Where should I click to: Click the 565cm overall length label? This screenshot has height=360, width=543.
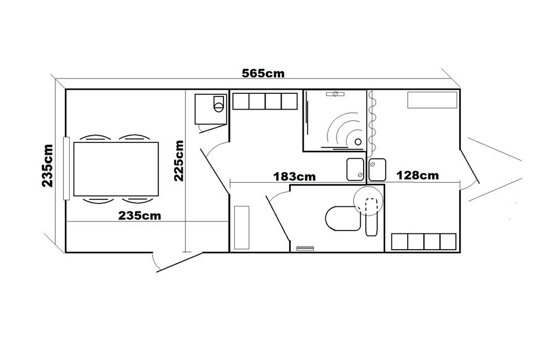click(263, 73)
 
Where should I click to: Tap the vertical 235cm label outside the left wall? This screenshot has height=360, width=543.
click(48, 166)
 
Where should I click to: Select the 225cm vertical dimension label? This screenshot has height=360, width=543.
click(179, 161)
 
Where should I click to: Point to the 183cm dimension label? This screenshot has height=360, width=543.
click(294, 176)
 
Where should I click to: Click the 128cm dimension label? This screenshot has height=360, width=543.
click(417, 175)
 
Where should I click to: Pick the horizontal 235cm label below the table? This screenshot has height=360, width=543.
click(140, 216)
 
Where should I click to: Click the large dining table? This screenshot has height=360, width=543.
click(116, 169)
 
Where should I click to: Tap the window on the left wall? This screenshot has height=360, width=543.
click(66, 168)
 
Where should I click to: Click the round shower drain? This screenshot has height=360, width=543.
click(358, 142)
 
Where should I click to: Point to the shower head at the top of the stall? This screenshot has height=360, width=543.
click(335, 94)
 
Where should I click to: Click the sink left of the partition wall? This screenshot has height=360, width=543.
click(355, 170)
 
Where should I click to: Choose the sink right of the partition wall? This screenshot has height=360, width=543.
click(377, 170)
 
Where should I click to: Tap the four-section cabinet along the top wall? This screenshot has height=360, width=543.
click(265, 101)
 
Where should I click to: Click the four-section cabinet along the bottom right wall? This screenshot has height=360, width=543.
click(424, 242)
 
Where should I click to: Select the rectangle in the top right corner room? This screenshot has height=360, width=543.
click(432, 100)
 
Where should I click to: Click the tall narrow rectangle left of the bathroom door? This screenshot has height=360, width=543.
click(242, 227)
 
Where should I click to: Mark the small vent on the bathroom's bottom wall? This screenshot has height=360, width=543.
click(305, 248)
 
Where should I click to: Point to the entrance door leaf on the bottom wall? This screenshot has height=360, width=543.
click(179, 262)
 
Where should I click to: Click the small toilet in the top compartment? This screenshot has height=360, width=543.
click(218, 104)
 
